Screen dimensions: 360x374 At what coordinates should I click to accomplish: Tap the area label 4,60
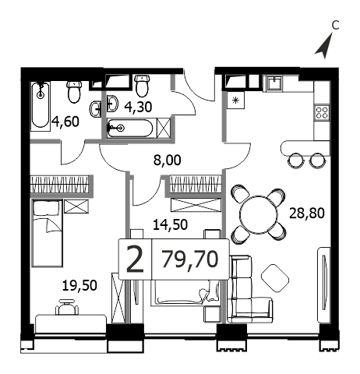(x=65, y=122)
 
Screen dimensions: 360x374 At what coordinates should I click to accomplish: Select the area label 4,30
(x=138, y=107)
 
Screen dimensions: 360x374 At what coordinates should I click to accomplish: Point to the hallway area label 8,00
(x=167, y=161)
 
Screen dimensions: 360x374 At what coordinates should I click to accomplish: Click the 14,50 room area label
(x=170, y=224)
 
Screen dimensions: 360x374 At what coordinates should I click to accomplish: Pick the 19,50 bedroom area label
(x=79, y=285)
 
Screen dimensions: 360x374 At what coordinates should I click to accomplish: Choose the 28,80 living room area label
(x=307, y=213)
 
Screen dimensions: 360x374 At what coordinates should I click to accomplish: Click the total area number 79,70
(x=190, y=259)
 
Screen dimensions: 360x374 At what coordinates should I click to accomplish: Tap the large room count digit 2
(x=135, y=259)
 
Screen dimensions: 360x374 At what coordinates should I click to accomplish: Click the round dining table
(x=259, y=214)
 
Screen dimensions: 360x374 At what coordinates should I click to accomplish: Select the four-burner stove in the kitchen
(x=322, y=113)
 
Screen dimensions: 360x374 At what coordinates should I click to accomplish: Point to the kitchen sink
(x=274, y=83)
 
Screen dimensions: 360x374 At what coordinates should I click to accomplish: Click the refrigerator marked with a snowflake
(x=235, y=101)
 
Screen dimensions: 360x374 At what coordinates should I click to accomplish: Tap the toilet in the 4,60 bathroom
(x=75, y=91)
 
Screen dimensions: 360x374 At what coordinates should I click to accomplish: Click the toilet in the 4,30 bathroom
(x=142, y=86)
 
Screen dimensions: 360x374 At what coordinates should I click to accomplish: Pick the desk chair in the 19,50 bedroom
(x=67, y=307)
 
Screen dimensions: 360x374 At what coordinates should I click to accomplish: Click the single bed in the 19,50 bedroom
(x=47, y=233)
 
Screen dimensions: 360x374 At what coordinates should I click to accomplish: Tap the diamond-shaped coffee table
(x=275, y=278)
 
